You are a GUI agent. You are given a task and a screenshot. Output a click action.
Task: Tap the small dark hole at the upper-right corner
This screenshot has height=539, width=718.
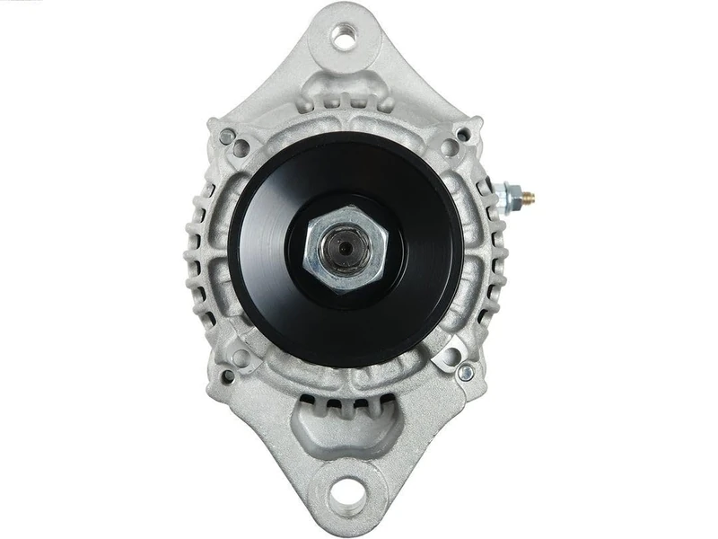pos(463,136)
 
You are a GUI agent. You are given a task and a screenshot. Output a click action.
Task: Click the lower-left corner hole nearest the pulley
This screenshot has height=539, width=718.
pos(241,358)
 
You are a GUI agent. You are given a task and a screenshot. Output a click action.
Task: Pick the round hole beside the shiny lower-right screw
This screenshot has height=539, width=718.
pos(446,358)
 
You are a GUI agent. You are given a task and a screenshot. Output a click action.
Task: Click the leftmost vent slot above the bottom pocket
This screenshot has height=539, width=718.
pos(309,401)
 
